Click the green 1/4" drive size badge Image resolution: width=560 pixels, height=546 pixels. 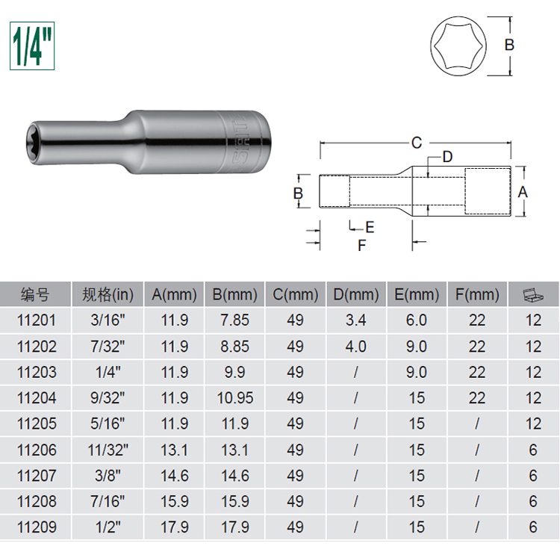[32, 46]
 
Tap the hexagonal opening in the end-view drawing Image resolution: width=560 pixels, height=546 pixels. [458, 46]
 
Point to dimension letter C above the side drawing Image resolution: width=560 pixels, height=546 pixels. [417, 143]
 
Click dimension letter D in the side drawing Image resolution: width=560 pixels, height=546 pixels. [447, 157]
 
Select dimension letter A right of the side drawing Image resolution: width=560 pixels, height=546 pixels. [523, 192]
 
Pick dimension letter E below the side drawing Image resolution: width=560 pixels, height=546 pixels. [370, 227]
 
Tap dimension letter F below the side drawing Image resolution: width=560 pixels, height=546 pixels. [362, 246]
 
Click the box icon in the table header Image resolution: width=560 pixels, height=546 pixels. [533, 294]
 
